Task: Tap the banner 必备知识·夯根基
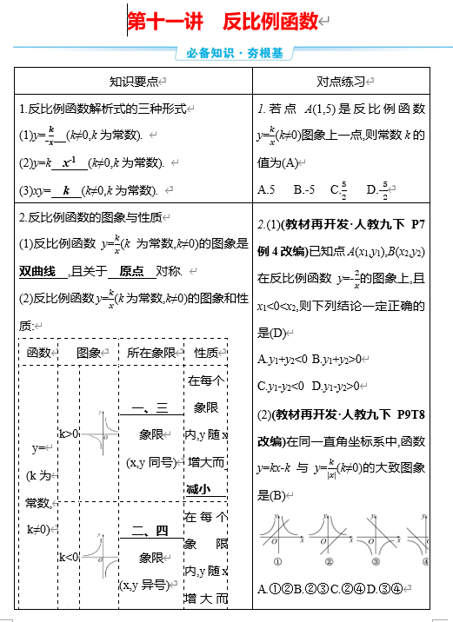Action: pos(235,53)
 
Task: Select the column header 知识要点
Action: pos(133,82)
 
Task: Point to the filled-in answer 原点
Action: pos(131,271)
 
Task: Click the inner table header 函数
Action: pos(39,353)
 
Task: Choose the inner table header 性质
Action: pos(206,353)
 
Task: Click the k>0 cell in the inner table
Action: pos(69,433)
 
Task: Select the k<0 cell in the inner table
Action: pos(69,556)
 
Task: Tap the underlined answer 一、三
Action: pos(150,409)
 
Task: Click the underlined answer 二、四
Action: pos(150,531)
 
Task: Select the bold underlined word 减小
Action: pos(198,490)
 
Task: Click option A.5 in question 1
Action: pos(267,189)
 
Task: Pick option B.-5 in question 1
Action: pos(304,189)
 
